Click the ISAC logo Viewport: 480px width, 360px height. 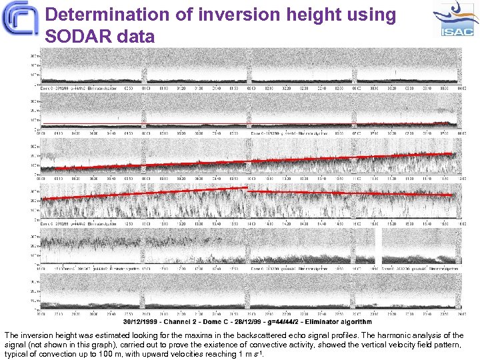coord(455,19)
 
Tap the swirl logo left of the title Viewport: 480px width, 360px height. coord(21,21)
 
